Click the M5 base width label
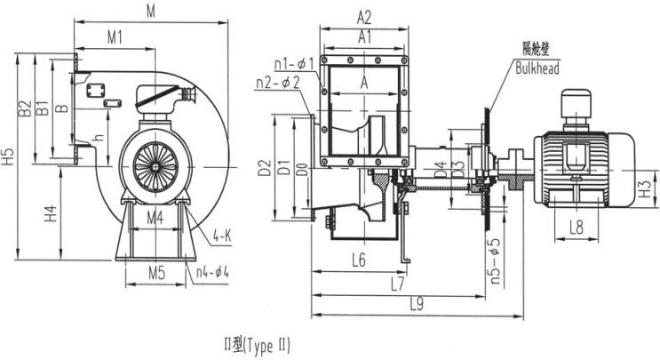click(156, 273)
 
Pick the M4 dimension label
click(155, 217)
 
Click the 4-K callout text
click(222, 237)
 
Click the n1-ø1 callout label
click(293, 63)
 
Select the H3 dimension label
click(646, 188)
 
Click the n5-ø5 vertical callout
click(495, 259)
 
